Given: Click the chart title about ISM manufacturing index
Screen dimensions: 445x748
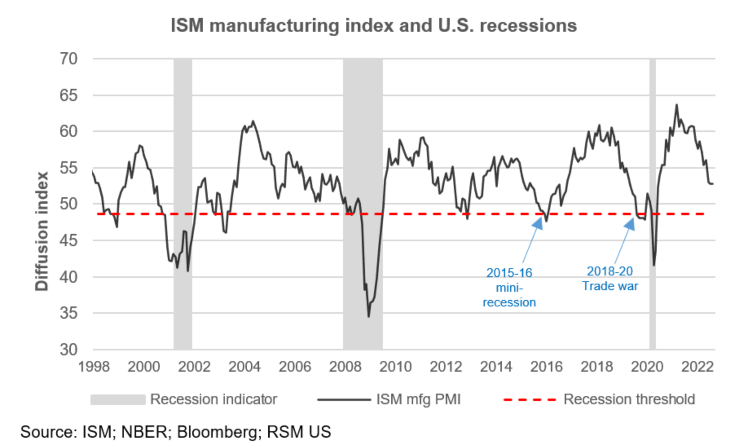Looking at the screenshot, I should [x=374, y=25].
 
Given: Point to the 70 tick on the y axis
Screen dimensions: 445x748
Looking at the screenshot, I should [x=68, y=59].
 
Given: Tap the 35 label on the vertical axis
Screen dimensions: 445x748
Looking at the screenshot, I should [x=68, y=313].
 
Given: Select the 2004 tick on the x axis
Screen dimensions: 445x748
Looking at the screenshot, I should [x=244, y=366].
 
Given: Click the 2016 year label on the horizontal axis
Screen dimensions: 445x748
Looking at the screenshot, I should [x=546, y=366].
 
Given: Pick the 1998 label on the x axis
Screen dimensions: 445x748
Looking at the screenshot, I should [x=94, y=366].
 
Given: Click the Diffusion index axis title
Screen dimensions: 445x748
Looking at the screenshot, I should [x=42, y=231].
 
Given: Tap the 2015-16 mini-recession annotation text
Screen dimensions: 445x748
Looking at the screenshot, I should [x=509, y=287].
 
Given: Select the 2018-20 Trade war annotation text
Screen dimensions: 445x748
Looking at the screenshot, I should [x=610, y=278].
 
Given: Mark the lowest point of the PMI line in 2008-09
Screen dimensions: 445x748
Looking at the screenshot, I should [x=369, y=317].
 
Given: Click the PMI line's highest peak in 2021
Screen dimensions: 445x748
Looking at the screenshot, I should [x=677, y=105].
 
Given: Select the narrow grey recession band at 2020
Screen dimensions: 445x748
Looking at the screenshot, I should [x=652, y=204].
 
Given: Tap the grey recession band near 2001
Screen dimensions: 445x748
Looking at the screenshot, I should [x=183, y=204].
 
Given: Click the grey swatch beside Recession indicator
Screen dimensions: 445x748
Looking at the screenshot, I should [x=118, y=399].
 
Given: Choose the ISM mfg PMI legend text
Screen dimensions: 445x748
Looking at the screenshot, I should [x=418, y=399].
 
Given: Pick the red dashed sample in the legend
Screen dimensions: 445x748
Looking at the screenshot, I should [x=530, y=399].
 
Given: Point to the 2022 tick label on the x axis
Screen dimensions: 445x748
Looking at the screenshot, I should [x=697, y=366].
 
